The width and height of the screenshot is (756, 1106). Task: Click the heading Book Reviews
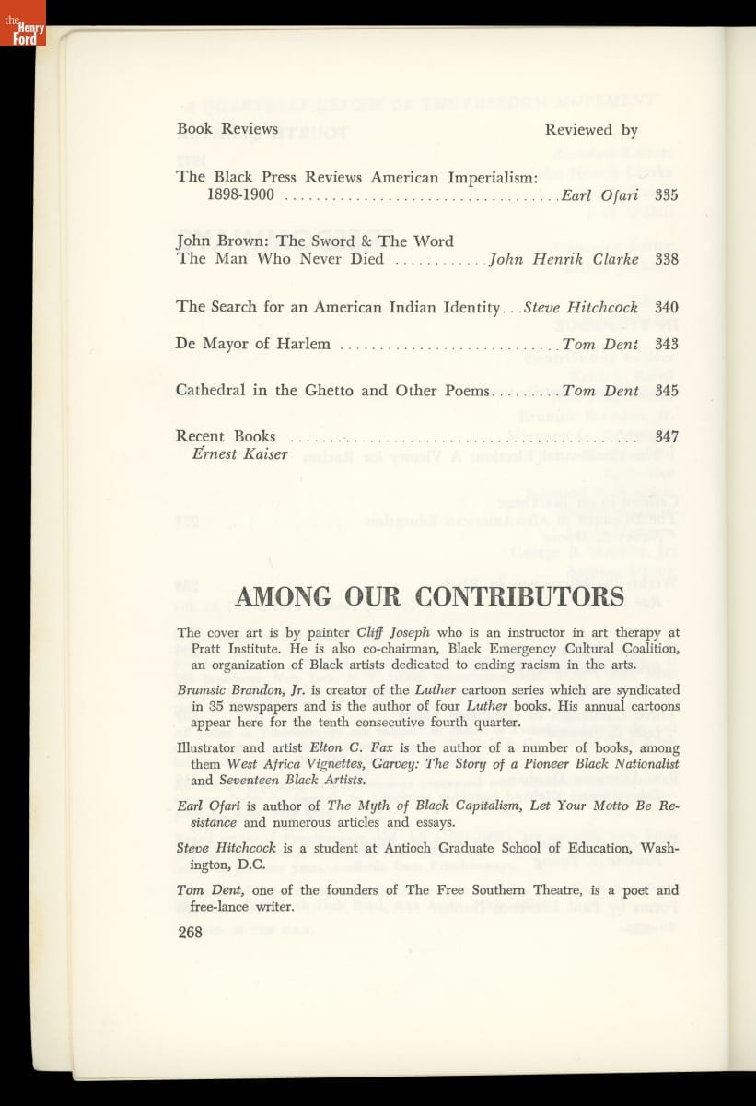[x=227, y=129]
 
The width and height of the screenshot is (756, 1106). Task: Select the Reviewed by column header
[x=591, y=130]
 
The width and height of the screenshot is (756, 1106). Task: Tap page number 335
[x=666, y=195]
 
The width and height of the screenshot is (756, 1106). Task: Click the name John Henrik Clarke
[x=564, y=259]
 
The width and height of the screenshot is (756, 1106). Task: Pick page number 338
[x=666, y=259]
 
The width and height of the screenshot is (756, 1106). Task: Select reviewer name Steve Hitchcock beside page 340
[x=580, y=307]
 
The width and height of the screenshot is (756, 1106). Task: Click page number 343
[x=666, y=344]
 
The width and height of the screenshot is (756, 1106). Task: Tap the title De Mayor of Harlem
[x=252, y=344]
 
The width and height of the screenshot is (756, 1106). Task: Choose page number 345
[x=666, y=391]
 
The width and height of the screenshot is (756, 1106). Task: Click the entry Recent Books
[x=226, y=437]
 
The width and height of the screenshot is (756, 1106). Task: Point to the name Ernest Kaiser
[x=239, y=454]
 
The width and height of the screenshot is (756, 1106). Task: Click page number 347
[x=666, y=437]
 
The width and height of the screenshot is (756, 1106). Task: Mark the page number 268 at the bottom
[x=190, y=933]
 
